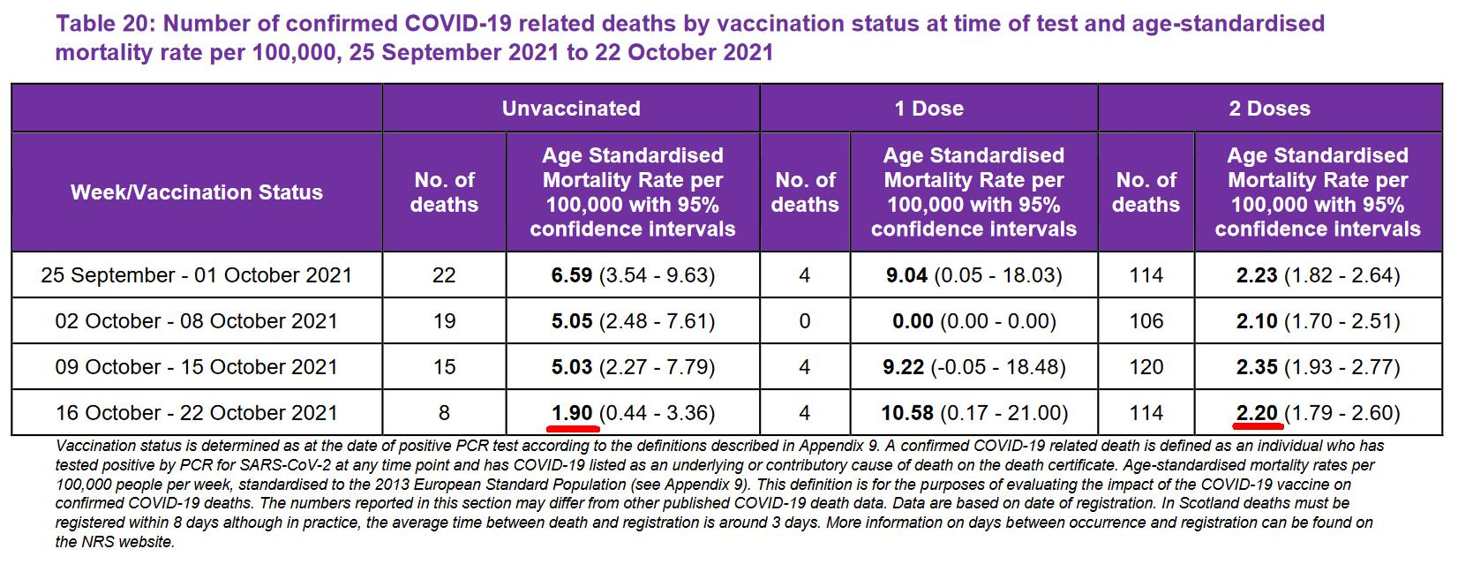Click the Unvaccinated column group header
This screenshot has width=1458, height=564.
(571, 109)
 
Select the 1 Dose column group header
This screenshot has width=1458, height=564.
(928, 109)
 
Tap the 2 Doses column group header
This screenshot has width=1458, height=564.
(1269, 109)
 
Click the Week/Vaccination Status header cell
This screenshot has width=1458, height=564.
(197, 192)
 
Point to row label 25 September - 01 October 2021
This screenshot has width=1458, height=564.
(196, 275)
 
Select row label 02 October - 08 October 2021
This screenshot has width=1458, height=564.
(196, 321)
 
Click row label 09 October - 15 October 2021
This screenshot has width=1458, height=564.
(196, 367)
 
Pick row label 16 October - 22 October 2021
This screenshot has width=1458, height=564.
(196, 413)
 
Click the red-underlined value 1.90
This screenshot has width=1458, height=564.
(572, 413)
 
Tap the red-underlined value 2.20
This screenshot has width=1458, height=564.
(1257, 413)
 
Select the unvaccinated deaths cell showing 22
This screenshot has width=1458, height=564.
(444, 275)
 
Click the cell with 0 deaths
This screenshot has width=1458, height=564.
(804, 321)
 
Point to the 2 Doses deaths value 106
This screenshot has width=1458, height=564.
(1146, 321)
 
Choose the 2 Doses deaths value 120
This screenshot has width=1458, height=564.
(1146, 367)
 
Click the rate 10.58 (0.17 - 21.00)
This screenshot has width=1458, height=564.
(973, 413)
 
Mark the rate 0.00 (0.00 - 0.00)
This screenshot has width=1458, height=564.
(973, 321)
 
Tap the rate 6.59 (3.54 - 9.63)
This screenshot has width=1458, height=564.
(632, 275)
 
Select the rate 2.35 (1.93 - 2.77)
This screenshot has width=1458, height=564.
(1318, 367)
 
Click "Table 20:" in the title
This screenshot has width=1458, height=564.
(102, 24)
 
